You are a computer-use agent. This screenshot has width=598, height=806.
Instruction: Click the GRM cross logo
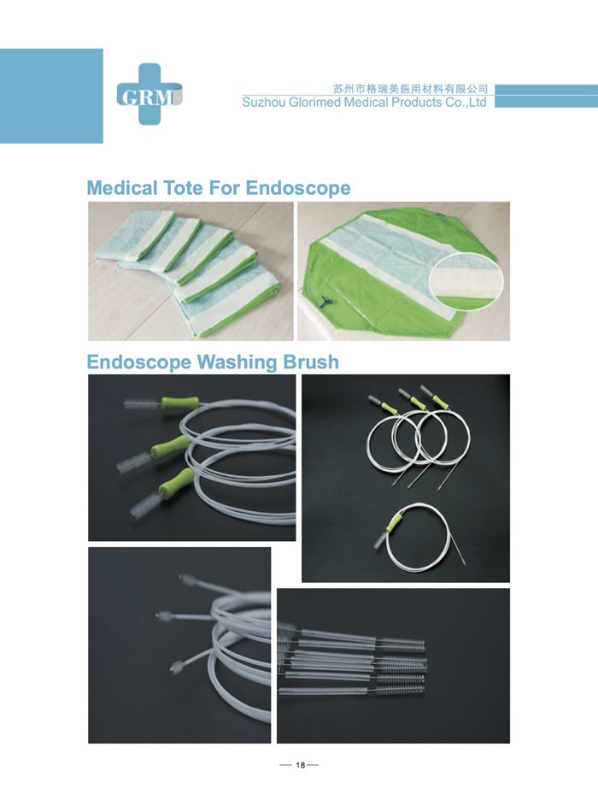click(149, 94)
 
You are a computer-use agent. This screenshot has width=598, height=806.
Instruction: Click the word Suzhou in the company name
click(264, 103)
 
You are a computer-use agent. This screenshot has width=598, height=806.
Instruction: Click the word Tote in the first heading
click(183, 188)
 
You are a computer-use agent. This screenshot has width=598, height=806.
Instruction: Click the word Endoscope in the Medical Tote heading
click(298, 189)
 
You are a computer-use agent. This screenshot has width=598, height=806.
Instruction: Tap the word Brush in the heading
click(311, 362)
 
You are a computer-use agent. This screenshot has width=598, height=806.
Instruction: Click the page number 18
click(300, 765)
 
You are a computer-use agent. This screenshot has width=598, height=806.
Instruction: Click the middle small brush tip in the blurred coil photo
click(164, 615)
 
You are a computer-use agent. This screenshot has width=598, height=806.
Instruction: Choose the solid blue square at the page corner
click(51, 96)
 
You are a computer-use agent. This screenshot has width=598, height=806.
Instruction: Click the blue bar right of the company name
click(546, 96)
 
